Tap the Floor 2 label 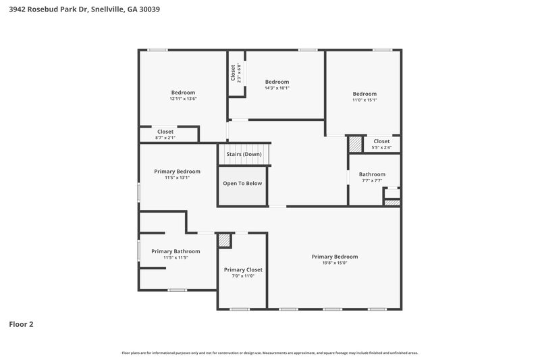coord(21,324)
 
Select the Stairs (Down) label coord(244,155)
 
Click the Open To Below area coord(243,183)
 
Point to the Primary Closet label coord(243,269)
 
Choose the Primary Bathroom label coord(175,251)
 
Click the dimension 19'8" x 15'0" coord(334,263)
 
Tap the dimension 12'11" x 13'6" coord(183,99)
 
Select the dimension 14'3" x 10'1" coord(277,88)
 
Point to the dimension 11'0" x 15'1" coord(364,100)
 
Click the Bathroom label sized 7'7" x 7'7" coord(372,174)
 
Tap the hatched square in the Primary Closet coord(224,241)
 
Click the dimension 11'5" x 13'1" coord(177,178)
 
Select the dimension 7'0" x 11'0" coord(243,276)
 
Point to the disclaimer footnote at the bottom coord(270,353)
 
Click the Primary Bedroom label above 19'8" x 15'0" coord(334,257)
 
